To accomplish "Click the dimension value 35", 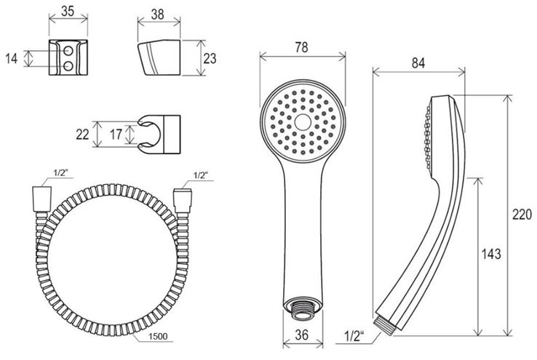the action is coord(68,11).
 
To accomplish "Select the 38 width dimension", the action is coord(158,14).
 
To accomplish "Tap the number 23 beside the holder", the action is coord(210,58).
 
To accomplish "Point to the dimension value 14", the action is coord(12,58).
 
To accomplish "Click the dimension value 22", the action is coord(82,134).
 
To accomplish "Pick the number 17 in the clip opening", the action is coord(116,134).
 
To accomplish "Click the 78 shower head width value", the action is coord(301,47).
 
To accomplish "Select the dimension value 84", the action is coord(418,63).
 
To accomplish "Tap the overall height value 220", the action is coord(522,215).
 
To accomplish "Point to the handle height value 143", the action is coord(491,254).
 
